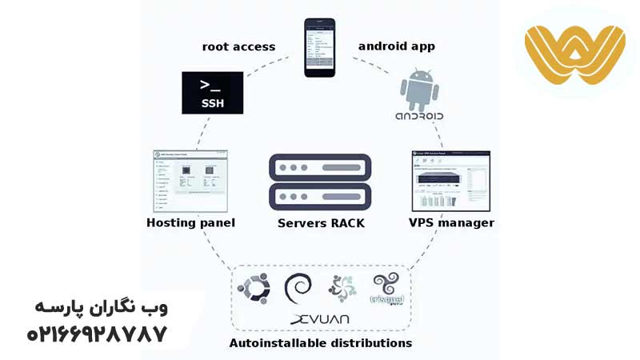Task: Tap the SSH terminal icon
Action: [212, 93]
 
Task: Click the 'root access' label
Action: [238, 46]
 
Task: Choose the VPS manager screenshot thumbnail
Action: [450, 181]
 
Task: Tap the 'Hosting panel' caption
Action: [191, 222]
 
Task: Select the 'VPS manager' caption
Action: [451, 222]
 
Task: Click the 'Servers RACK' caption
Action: [321, 223]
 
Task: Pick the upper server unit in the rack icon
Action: [320, 168]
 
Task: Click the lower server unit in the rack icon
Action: [320, 196]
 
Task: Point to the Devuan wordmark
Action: [320, 319]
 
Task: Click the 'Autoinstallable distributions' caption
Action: [321, 342]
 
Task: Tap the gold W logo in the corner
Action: [574, 54]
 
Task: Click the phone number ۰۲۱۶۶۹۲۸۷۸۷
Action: [97, 333]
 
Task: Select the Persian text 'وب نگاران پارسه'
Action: [101, 307]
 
